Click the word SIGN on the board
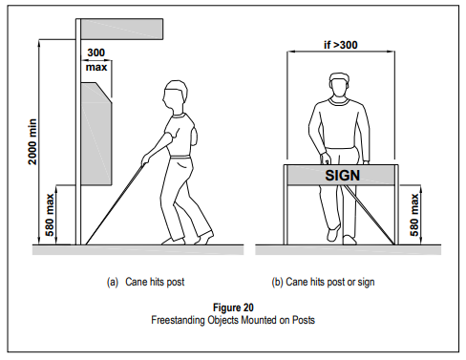tap(342, 176)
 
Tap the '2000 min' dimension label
tap(32, 141)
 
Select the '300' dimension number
tap(95, 53)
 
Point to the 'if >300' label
tap(341, 45)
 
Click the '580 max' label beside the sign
tap(414, 215)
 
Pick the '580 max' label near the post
tap(50, 215)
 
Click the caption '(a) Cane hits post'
tap(145, 282)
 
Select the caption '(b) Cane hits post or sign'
tap(323, 282)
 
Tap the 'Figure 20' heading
tap(233, 307)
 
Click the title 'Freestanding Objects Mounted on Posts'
tap(233, 320)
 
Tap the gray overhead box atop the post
tap(122, 30)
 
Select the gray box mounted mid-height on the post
tap(96, 134)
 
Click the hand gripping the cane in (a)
tap(146, 159)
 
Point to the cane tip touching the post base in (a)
tap(86, 244)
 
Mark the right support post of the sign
tap(396, 204)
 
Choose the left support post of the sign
tap(286, 204)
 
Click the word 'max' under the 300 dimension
tap(96, 68)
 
